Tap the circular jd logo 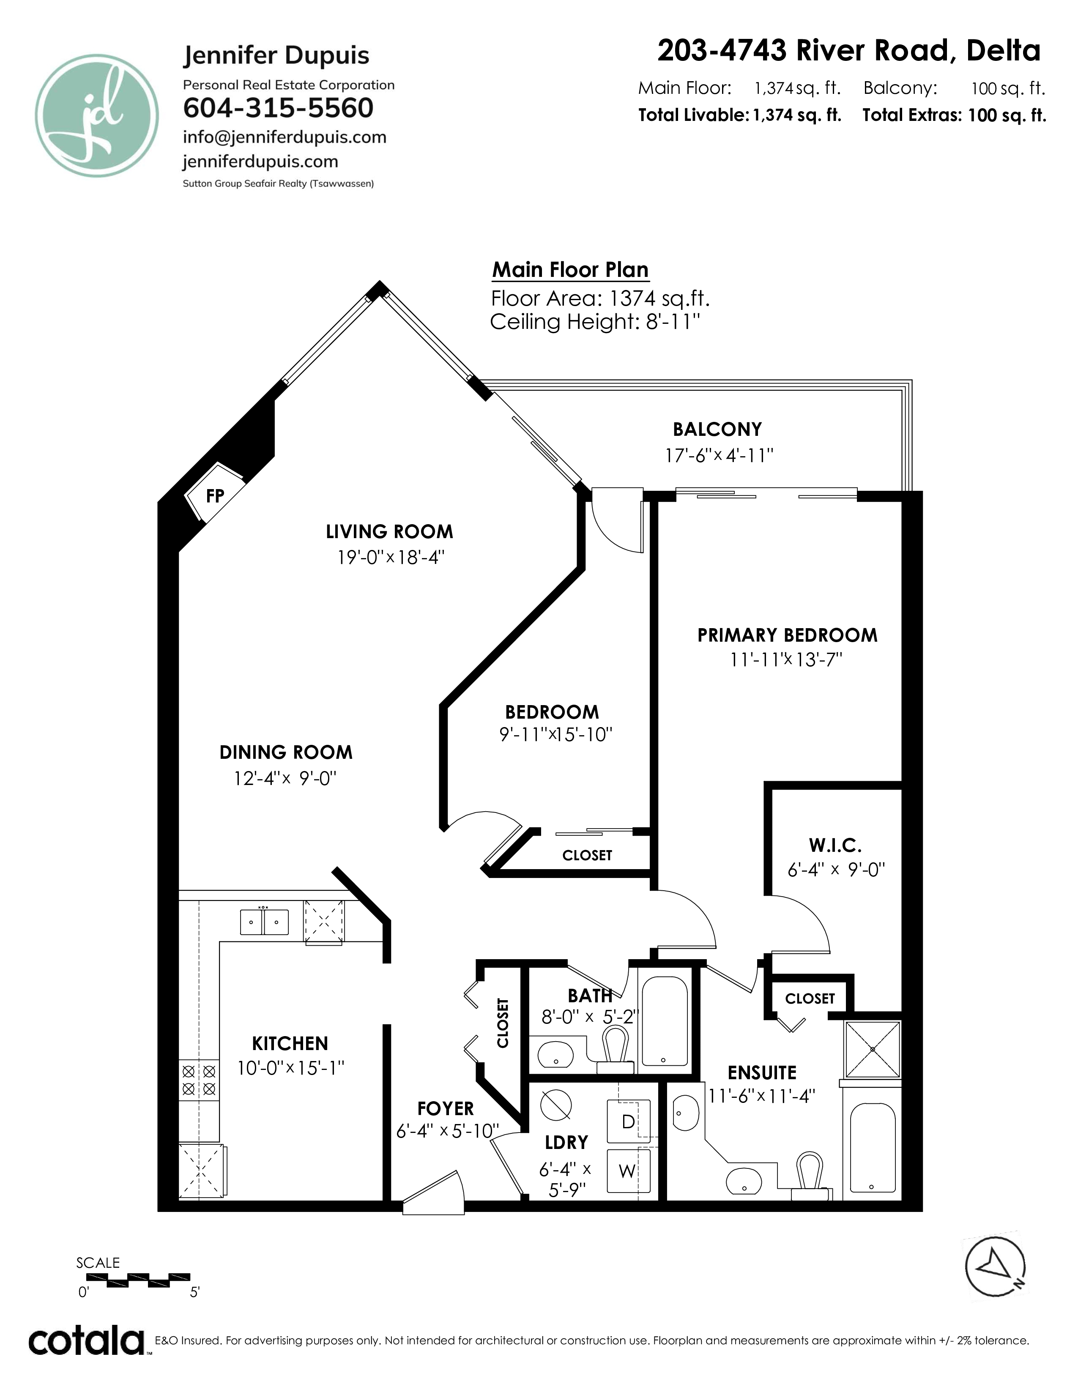pyautogui.click(x=96, y=115)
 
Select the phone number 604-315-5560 pyautogui.click(x=278, y=108)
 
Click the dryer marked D pyautogui.click(x=628, y=1121)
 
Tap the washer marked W pyautogui.click(x=628, y=1171)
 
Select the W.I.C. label pyautogui.click(x=835, y=846)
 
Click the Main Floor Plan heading pyautogui.click(x=570, y=270)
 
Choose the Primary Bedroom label pyautogui.click(x=788, y=635)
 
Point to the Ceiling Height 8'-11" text pyautogui.click(x=595, y=321)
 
